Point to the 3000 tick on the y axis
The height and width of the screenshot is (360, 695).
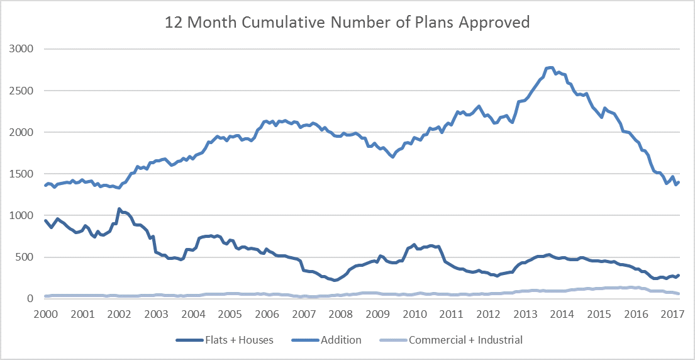tap(22, 48)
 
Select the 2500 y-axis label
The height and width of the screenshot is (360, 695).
tap(22, 91)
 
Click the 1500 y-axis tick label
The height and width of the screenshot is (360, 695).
tap(22, 174)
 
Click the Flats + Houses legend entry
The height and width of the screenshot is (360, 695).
tap(225, 340)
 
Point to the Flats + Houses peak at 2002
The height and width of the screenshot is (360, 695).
tap(119, 208)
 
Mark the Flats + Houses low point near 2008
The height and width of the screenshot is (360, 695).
tap(335, 280)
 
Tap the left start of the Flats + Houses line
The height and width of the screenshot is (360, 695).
tap(45, 220)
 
